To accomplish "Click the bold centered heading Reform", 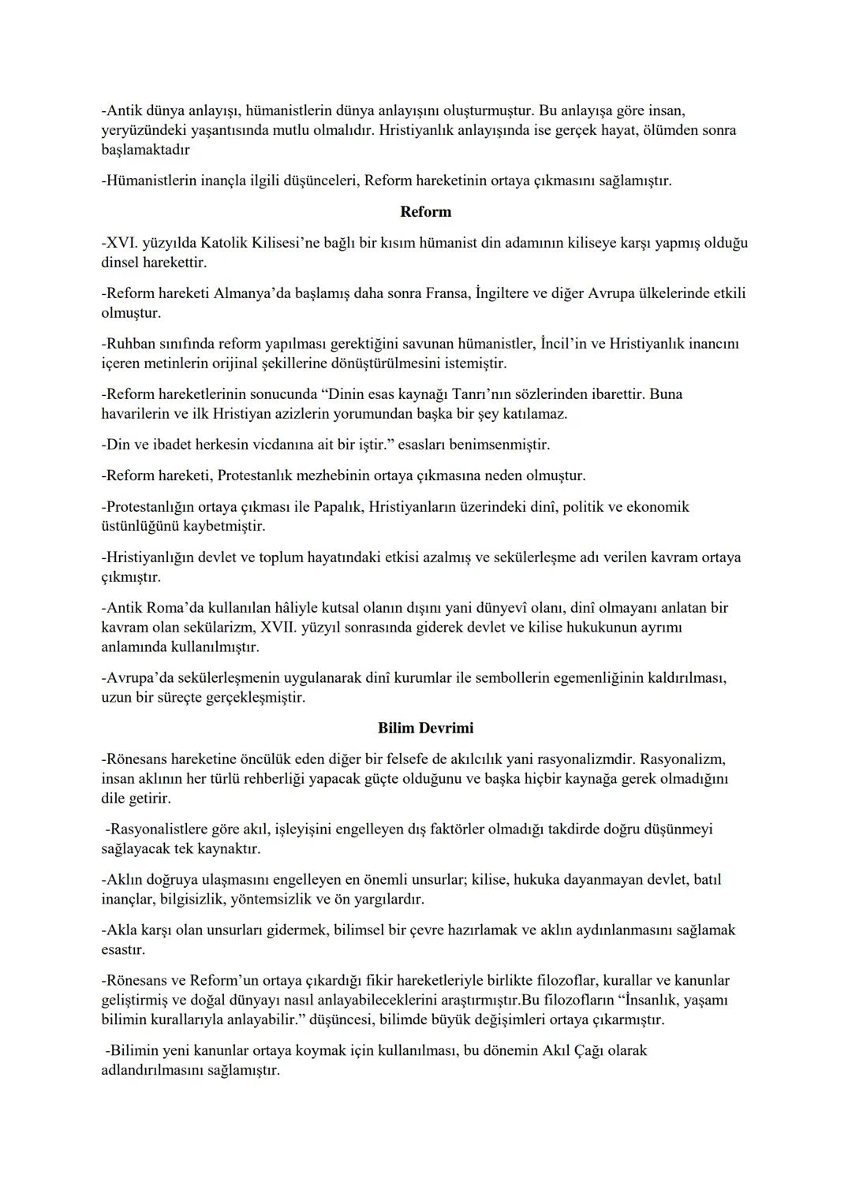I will [x=425, y=212].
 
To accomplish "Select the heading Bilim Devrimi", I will [x=425, y=729].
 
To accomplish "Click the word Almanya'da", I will [x=247, y=293].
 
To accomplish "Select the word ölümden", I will [x=668, y=130].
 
